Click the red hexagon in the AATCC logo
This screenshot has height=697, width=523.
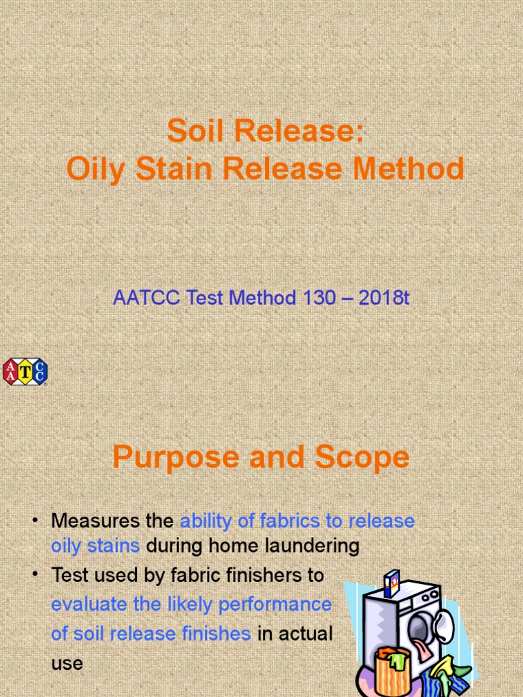(x=12, y=371)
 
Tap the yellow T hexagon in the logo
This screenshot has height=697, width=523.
(x=25, y=371)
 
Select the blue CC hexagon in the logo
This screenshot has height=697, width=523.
(x=39, y=371)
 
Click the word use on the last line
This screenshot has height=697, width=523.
(x=67, y=663)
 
